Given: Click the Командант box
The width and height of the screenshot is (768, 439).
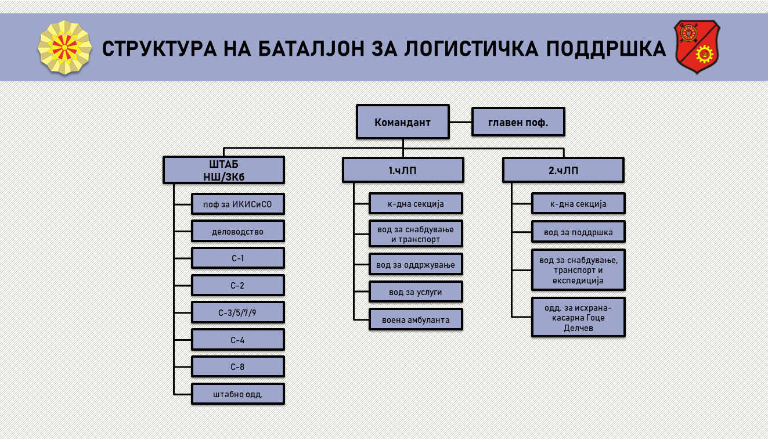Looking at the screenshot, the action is point(403,122).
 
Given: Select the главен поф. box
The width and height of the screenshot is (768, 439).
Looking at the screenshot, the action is point(518,122).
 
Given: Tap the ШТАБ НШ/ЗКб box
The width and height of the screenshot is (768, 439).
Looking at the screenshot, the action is point(223,170).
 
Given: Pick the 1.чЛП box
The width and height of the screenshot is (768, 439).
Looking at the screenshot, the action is point(403,170).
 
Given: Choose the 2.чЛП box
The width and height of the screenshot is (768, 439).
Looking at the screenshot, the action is point(563,170).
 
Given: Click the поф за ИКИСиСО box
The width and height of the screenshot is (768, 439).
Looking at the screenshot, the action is point(237,204).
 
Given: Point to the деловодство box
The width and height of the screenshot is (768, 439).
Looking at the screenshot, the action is point(237,231).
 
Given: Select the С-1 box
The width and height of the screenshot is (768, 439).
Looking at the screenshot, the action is point(237,258).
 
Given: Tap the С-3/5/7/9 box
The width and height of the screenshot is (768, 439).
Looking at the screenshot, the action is point(237,312).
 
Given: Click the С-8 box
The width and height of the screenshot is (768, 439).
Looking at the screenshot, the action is point(237,366).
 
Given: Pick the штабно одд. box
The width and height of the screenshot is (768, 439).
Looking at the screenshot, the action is point(237,394).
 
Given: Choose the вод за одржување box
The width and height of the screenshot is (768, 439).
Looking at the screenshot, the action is point(416,264).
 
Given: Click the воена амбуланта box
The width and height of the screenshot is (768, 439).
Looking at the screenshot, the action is point(416,319).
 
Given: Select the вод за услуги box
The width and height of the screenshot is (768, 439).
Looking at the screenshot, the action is point(416,292).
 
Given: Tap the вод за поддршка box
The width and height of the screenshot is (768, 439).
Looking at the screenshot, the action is point(578,232).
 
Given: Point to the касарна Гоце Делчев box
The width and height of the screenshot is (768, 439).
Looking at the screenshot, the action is point(578,317).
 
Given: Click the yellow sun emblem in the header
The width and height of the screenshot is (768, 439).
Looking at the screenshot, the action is point(64,48).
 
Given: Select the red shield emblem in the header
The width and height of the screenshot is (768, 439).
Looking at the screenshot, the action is point(697,47).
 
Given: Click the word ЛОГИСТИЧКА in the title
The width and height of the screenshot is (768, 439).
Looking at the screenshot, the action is point(471,48).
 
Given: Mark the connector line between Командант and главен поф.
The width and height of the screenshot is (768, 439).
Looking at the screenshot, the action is point(460,122).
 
